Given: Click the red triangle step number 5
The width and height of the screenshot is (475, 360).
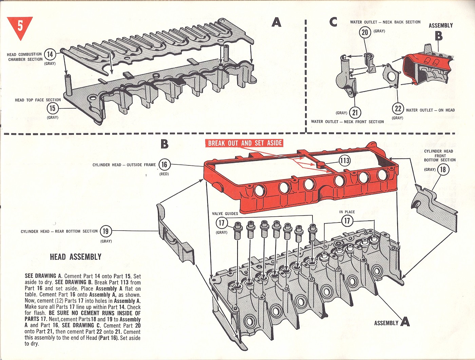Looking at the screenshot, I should (x=20, y=26).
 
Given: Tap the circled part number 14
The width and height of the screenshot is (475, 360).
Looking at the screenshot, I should (x=50, y=54).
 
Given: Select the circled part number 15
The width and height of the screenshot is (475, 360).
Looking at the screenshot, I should (x=52, y=108).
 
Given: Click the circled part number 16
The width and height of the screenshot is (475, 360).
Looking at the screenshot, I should (x=164, y=165).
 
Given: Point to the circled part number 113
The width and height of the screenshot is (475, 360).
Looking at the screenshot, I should (x=345, y=161).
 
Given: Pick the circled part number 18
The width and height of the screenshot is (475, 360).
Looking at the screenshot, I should (x=443, y=169).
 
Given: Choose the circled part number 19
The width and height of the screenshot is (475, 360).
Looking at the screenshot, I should (x=106, y=231).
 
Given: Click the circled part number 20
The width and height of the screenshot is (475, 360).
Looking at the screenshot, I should (x=365, y=32).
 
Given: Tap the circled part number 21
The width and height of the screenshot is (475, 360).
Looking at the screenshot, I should (x=355, y=112).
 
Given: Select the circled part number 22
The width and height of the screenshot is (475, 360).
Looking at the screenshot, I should (x=398, y=109).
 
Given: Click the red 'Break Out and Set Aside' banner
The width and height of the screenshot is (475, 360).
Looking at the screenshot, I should (x=245, y=143).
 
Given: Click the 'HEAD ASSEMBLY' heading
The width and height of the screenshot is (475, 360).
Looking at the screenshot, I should (x=75, y=257).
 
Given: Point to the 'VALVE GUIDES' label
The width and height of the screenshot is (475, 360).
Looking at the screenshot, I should (x=225, y=214).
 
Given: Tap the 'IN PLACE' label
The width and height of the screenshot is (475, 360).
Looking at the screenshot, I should (x=347, y=212).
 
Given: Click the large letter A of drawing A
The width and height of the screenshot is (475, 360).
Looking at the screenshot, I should (x=276, y=22).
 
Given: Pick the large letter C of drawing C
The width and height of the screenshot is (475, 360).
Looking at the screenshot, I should (x=333, y=22).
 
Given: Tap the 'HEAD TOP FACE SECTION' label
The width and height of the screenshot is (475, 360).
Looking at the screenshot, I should (x=38, y=100).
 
